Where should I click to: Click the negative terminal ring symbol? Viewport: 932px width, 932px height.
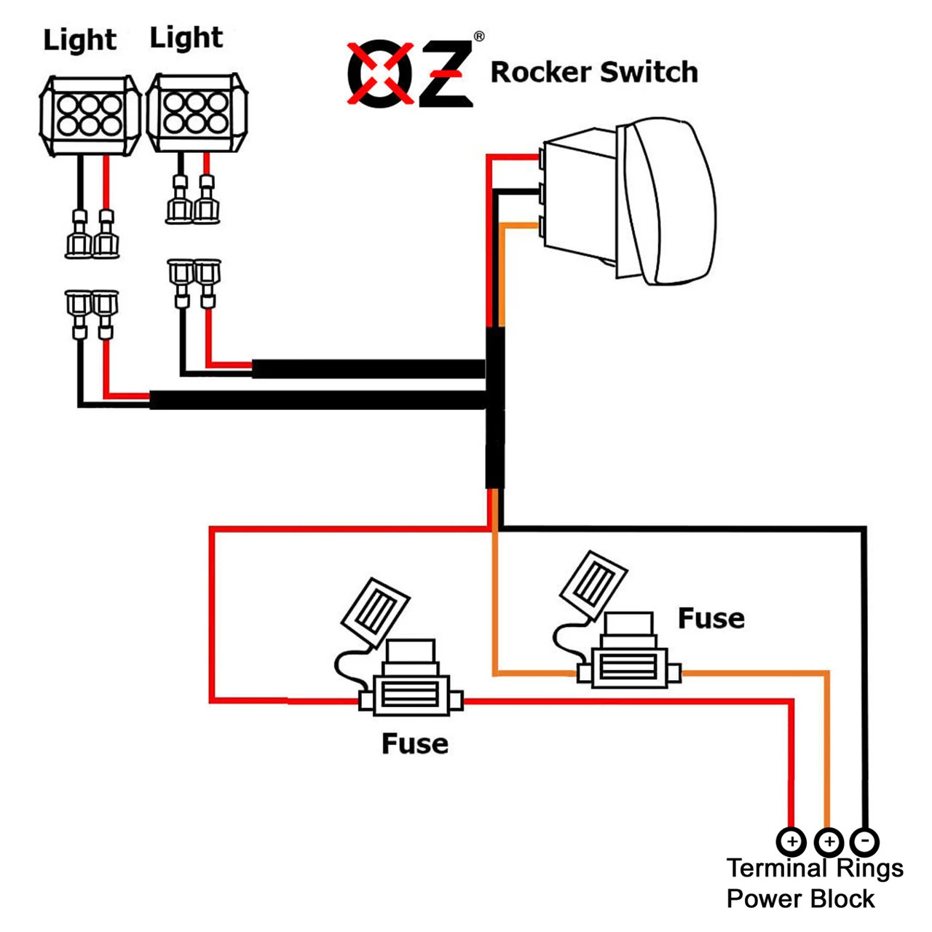(x=864, y=842)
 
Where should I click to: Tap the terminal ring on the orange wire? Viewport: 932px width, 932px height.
(x=829, y=842)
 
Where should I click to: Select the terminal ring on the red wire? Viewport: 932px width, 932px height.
(x=791, y=842)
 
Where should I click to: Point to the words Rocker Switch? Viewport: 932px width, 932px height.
(x=594, y=72)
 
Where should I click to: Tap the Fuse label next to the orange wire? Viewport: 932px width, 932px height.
(x=711, y=618)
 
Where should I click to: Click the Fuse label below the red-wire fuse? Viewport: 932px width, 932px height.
(x=414, y=743)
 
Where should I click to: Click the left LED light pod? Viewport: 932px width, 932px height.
(x=90, y=116)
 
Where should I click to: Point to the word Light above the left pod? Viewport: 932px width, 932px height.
(x=79, y=40)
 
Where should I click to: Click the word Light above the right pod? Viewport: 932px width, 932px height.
(x=186, y=38)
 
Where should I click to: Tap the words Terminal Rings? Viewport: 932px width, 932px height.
(x=815, y=868)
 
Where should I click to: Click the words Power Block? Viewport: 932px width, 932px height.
(x=800, y=899)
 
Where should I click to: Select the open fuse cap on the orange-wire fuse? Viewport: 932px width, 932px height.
(x=593, y=580)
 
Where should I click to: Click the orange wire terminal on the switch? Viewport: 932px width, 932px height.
(x=542, y=226)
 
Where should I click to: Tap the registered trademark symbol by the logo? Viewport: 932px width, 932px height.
(x=479, y=36)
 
